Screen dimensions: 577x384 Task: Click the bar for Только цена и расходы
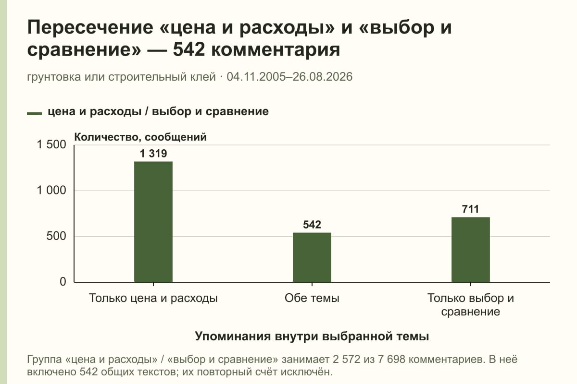coord(153,222)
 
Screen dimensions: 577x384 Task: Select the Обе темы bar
coord(312,257)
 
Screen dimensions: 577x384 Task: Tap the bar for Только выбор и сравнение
coord(471,250)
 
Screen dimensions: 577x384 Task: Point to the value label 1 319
coord(153,154)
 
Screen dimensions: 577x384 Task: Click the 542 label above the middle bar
coord(312,225)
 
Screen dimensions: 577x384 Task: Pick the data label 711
coord(471,209)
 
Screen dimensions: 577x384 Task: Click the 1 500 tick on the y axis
coord(51,144)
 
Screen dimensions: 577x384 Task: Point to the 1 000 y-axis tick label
coord(51,191)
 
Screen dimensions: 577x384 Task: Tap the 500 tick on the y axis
coord(56,236)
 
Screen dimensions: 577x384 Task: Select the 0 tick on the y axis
coord(63,282)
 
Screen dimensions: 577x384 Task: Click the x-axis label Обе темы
coord(312,298)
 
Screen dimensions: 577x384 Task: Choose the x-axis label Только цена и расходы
coord(153,298)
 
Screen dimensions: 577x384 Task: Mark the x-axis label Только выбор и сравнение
coord(471,305)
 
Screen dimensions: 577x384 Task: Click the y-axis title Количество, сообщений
coord(140,137)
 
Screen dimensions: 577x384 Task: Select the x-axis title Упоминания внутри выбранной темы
coord(312,336)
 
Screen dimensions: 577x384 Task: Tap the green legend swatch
coord(34,113)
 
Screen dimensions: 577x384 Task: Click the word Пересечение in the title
coord(90,27)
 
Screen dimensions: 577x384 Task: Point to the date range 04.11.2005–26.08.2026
coord(289,77)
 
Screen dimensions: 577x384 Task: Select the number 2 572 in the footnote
coord(346,360)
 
